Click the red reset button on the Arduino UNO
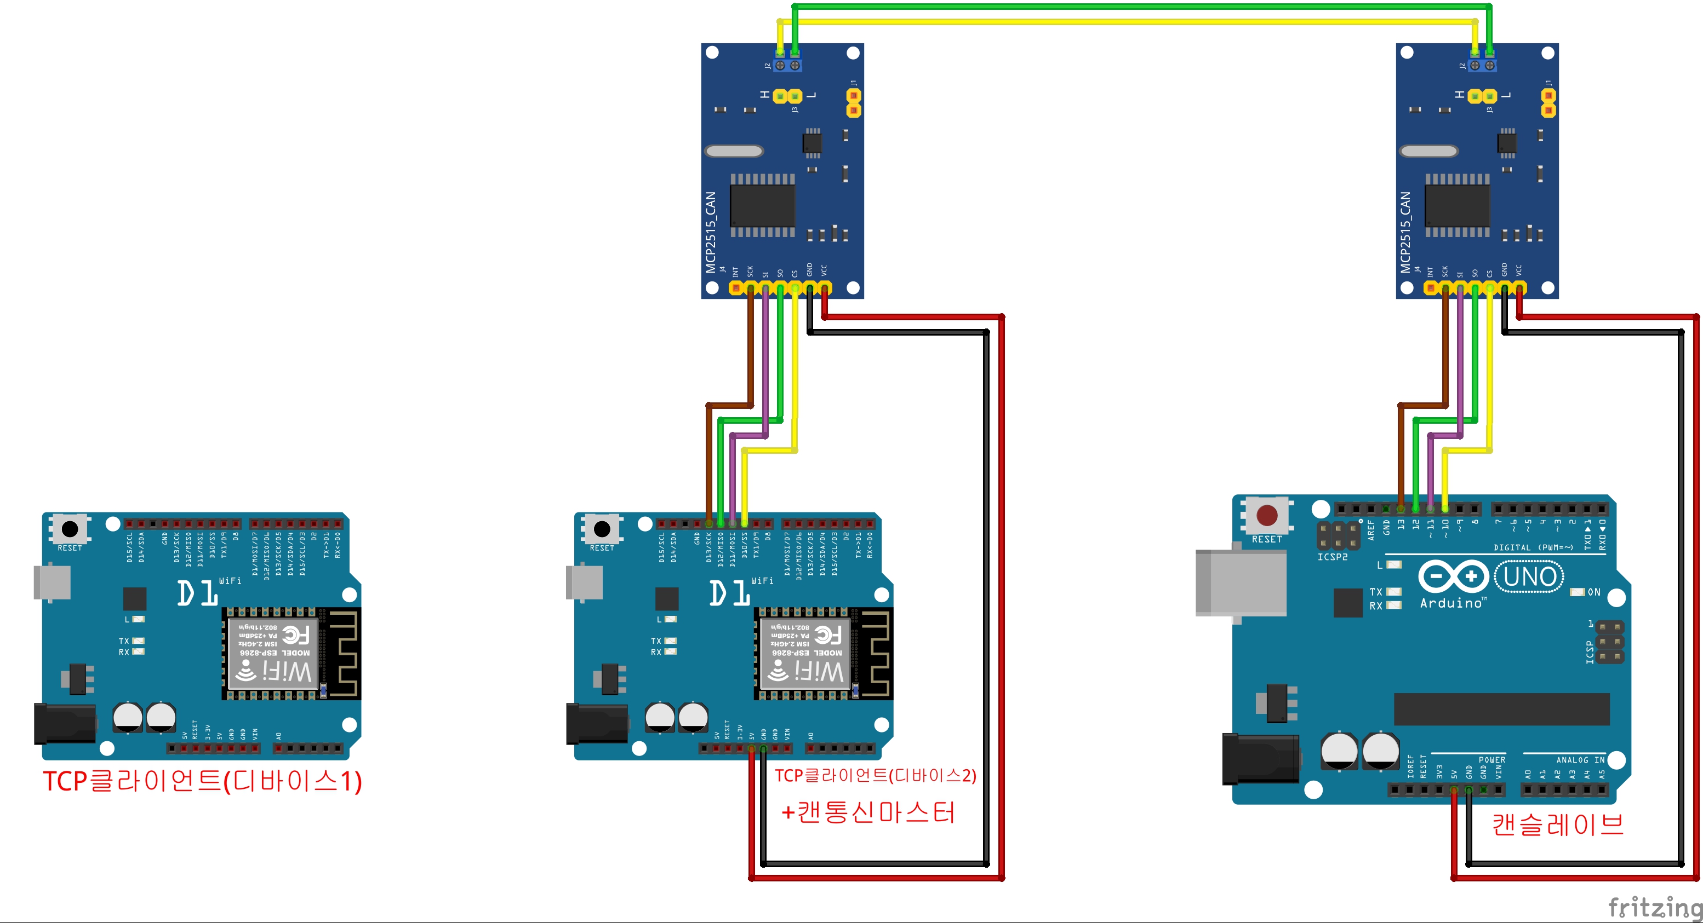tap(1267, 515)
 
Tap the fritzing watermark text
tap(1654, 907)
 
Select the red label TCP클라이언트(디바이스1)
tap(202, 781)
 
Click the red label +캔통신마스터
tap(868, 812)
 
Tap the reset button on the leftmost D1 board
tap(70, 528)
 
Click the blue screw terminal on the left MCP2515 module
tap(787, 65)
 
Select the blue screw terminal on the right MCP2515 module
tap(1482, 65)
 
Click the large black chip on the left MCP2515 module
tap(762, 205)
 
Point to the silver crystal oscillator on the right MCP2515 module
tap(1428, 151)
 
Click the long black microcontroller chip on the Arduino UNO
tap(1501, 709)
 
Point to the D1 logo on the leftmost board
tap(197, 593)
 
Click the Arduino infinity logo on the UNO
tap(1453, 576)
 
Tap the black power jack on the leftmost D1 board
tap(65, 724)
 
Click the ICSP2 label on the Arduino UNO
tap(1332, 557)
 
